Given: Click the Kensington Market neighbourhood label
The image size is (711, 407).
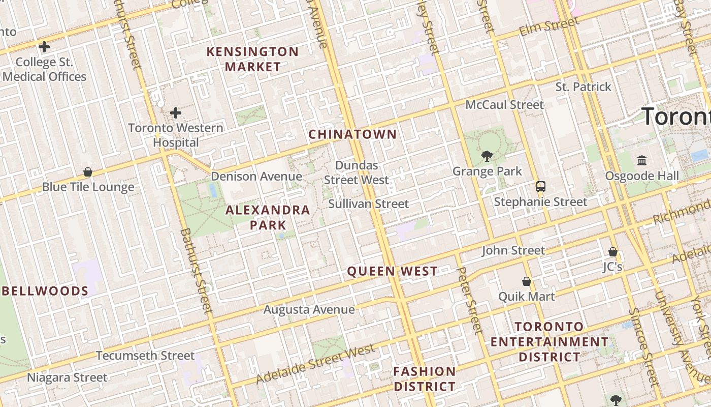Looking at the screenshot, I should tap(253, 59).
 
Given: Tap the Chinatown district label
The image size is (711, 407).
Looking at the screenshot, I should tap(352, 134).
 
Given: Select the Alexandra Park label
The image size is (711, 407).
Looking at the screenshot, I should tap(268, 217).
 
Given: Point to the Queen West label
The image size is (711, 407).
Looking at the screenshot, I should tap(392, 271).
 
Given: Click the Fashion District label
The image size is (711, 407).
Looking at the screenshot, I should tap(425, 379).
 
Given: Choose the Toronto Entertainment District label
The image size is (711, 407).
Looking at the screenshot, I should tap(549, 341).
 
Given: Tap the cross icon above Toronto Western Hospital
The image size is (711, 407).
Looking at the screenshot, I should tap(176, 112).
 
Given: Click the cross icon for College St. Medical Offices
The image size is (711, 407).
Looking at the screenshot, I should tap(44, 47).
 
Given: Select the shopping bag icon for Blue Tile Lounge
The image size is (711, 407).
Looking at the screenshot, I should tap(88, 172).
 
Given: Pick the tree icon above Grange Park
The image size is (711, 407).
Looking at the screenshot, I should tap(487, 156).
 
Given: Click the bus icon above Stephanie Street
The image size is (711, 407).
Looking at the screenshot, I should tap(541, 187).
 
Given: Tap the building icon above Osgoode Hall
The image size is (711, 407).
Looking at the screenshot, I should tap(642, 161).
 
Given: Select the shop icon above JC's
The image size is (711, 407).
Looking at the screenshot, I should tap(613, 252).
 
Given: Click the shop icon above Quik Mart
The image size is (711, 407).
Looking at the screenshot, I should tap(527, 281).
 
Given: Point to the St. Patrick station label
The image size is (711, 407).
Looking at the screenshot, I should tap(584, 87).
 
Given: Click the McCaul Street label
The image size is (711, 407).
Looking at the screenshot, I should tap(505, 105).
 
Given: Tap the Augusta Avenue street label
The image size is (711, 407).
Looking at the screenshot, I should tap(309, 309).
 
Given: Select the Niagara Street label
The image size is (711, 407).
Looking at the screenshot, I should tap(67, 377).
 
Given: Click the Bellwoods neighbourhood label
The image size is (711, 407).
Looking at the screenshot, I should tap(46, 291).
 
